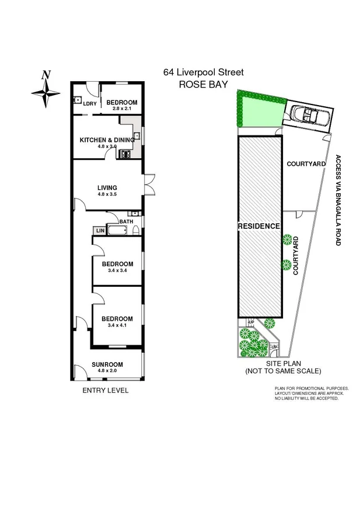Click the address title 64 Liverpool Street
(x=204, y=73)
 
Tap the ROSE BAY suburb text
(x=203, y=84)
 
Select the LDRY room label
(x=89, y=104)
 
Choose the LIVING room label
(x=107, y=187)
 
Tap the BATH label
(x=126, y=221)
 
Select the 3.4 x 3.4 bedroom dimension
(x=117, y=270)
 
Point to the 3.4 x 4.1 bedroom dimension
(x=117, y=325)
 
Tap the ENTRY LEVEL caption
(x=106, y=390)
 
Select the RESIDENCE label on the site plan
(x=259, y=226)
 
